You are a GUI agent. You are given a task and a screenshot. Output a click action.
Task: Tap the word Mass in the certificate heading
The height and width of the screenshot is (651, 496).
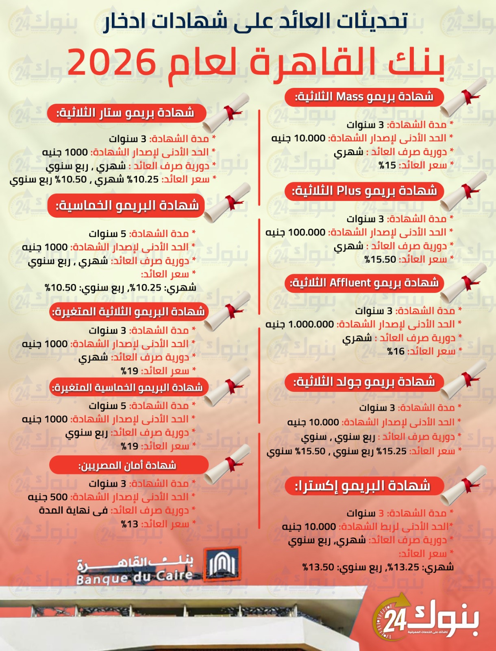coord(350,97)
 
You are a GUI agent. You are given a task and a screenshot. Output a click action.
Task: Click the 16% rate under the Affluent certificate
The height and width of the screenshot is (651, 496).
coord(396,351)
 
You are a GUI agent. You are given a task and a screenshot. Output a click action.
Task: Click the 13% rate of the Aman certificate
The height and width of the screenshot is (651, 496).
coord(130,524)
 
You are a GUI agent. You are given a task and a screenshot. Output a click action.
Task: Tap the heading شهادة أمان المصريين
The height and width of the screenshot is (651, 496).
coord(128,465)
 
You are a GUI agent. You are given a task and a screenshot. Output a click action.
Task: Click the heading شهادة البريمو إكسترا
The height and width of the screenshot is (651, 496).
coord(363,486)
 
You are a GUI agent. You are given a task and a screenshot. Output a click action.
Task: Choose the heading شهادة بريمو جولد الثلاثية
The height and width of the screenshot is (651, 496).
coord(364,382)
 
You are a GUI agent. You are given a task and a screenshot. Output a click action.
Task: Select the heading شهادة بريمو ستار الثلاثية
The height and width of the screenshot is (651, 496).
coord(126,113)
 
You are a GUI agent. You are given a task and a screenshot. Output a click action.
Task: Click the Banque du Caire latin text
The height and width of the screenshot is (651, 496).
coord(135,577)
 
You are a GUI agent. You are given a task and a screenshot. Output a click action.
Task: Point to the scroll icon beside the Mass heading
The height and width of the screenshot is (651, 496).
coord(464,98)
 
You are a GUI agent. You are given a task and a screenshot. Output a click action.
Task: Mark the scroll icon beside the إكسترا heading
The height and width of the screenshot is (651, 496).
coord(464,486)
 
